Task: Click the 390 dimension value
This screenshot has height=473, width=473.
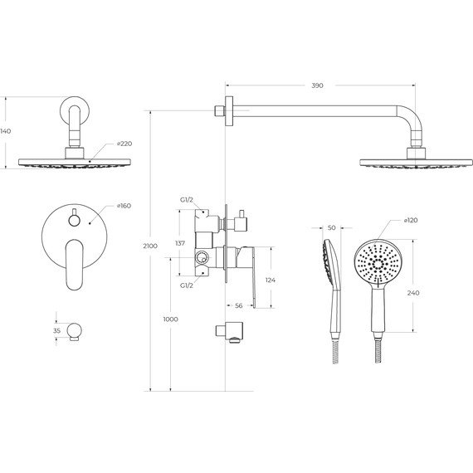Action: click(x=317, y=85)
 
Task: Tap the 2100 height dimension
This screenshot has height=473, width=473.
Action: click(x=150, y=246)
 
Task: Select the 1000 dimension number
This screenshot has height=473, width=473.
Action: click(x=170, y=319)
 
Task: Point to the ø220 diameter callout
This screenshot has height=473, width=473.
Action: click(x=124, y=144)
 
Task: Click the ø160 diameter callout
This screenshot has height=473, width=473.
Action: click(x=124, y=206)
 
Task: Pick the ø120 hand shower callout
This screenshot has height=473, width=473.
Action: click(x=411, y=220)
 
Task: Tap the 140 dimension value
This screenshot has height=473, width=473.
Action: click(x=6, y=131)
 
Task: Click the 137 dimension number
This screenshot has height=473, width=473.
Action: click(x=180, y=243)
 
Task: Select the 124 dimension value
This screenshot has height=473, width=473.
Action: click(x=271, y=280)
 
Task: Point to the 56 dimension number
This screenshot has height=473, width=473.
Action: click(x=239, y=306)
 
